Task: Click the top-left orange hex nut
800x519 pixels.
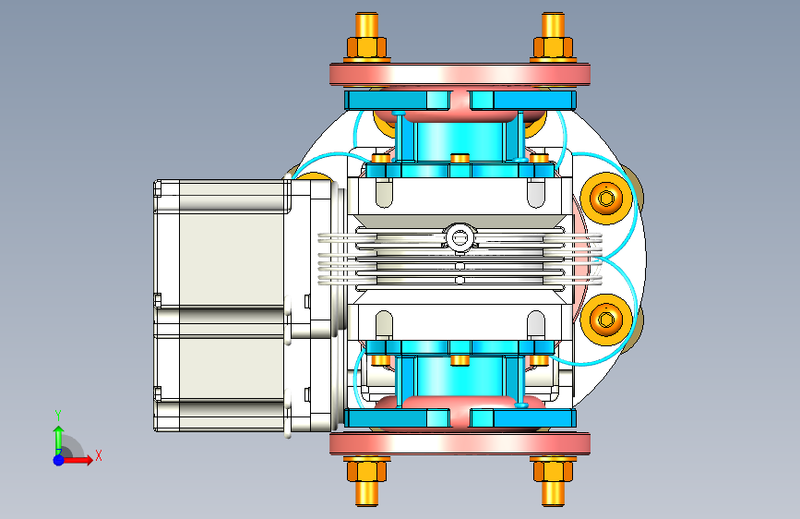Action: (366, 47)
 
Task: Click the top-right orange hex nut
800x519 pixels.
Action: (553, 47)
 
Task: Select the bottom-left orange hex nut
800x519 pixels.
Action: (366, 471)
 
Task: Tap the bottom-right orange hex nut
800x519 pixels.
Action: (553, 471)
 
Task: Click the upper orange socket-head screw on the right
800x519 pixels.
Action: (606, 198)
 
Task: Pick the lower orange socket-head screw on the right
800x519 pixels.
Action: (606, 320)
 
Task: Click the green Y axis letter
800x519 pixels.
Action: (58, 415)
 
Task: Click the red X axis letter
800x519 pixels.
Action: (99, 455)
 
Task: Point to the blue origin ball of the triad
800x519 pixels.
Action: (59, 460)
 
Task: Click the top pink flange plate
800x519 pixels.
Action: (460, 75)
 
